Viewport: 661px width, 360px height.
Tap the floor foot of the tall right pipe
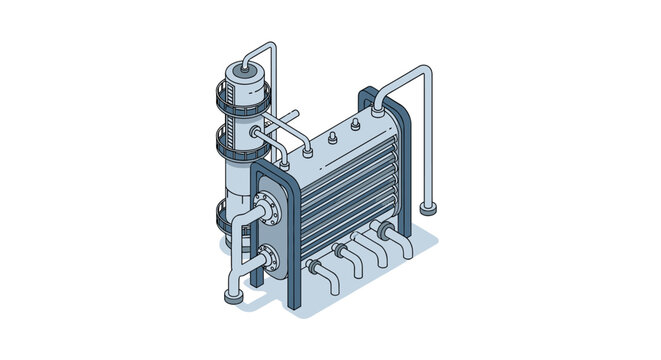pos(431,209)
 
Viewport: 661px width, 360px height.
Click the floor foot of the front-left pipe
pos(232,296)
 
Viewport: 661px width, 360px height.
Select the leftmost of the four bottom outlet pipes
pos(318,268)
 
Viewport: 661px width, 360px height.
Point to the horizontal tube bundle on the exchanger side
pos(345,190)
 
